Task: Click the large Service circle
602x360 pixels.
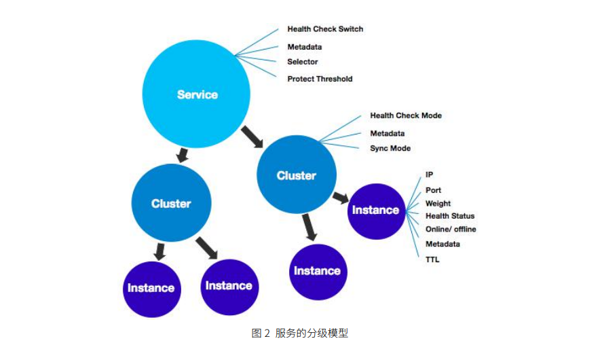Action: [197, 94]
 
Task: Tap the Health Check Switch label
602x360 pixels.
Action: [324, 29]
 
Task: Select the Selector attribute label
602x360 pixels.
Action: [302, 62]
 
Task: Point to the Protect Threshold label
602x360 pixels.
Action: [320, 79]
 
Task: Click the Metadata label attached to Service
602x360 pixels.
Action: [304, 47]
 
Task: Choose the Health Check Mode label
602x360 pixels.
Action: [405, 115]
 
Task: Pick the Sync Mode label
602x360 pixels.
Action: [390, 148]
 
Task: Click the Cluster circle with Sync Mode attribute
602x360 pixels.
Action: [297, 175]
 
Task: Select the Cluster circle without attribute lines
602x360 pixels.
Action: [171, 203]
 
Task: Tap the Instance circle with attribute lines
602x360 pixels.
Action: [375, 210]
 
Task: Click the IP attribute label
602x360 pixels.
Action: [429, 175]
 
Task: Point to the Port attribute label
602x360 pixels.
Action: [433, 190]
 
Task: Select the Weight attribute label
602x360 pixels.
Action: [438, 203]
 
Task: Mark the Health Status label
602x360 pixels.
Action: [450, 216]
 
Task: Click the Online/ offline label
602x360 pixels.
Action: [451, 230]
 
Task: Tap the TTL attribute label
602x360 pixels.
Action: [432, 259]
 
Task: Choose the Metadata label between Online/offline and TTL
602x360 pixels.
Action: [443, 244]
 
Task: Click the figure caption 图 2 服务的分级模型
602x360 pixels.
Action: [299, 333]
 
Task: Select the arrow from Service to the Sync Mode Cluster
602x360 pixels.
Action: [252, 137]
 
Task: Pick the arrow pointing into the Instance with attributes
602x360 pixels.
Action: [340, 198]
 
